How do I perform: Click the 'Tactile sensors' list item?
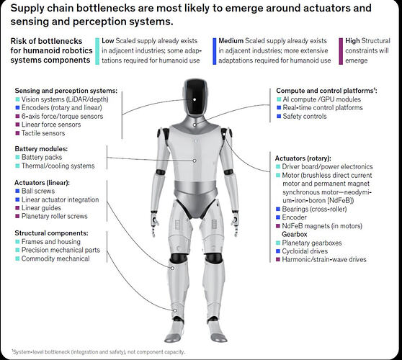click(x=43, y=133)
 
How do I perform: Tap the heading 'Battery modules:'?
click(x=41, y=149)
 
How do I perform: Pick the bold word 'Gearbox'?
click(x=295, y=234)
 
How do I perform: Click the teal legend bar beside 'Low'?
click(x=97, y=51)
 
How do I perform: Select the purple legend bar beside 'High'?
click(x=341, y=51)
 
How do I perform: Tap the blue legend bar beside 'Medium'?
click(x=215, y=51)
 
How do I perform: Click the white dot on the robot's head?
click(x=195, y=99)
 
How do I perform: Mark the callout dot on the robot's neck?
click(x=195, y=125)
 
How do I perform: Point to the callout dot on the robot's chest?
click(x=195, y=161)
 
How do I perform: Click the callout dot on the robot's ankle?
click(x=175, y=310)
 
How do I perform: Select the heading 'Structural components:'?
click(x=51, y=233)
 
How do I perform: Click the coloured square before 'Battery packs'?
click(x=17, y=157)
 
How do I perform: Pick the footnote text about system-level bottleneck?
click(x=98, y=352)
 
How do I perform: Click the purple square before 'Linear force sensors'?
click(x=17, y=125)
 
